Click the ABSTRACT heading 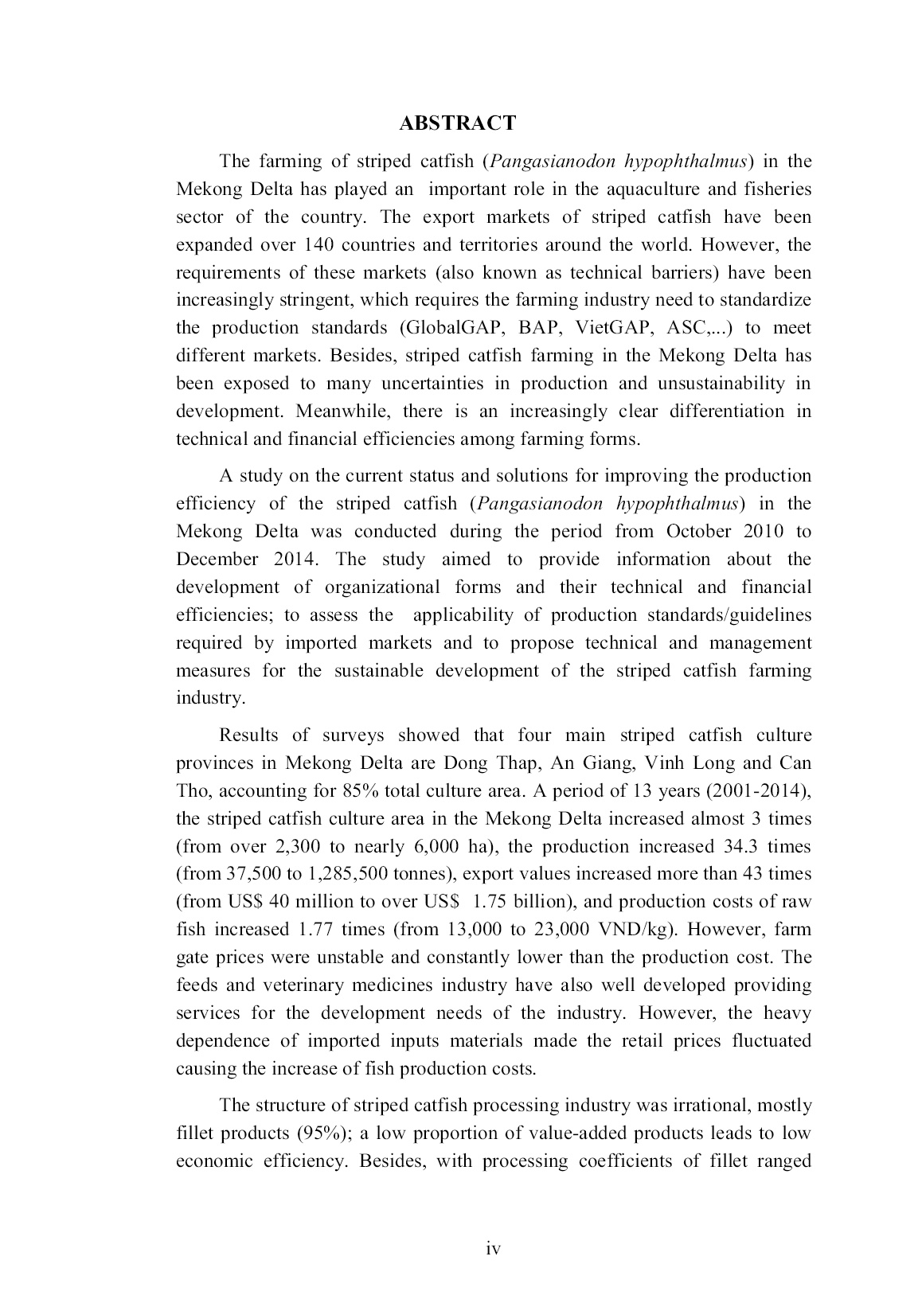tap(457, 123)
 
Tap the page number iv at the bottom tap(493, 1249)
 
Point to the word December tap(217, 559)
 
